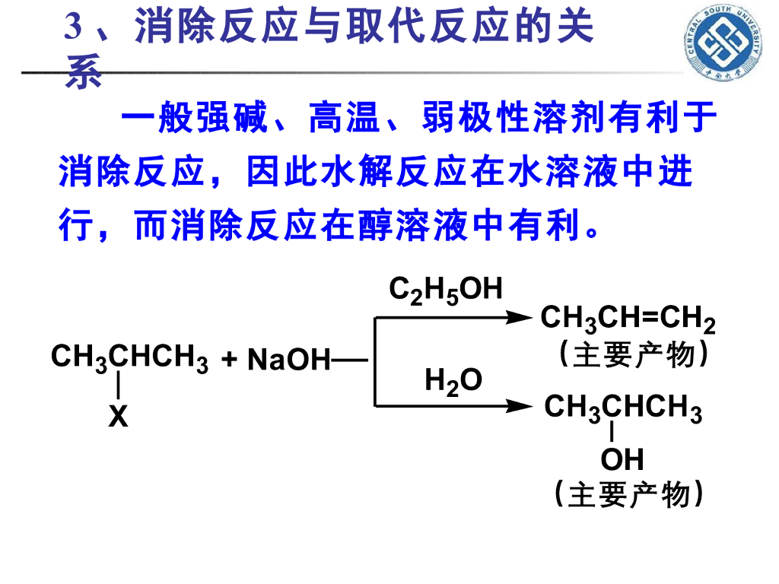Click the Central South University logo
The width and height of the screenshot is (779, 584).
pyautogui.click(x=723, y=43)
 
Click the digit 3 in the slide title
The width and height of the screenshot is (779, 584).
pyautogui.click(x=72, y=27)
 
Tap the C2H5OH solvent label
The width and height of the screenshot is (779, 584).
pyautogui.click(x=445, y=290)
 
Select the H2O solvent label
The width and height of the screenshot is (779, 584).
pyautogui.click(x=453, y=382)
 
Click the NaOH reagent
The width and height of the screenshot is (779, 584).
pyautogui.click(x=288, y=359)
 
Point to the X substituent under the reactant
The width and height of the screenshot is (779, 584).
pyautogui.click(x=118, y=416)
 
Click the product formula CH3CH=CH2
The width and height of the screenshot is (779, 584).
pyautogui.click(x=628, y=319)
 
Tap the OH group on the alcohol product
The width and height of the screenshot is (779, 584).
pyautogui.click(x=622, y=459)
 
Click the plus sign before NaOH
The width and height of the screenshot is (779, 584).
pyautogui.click(x=230, y=359)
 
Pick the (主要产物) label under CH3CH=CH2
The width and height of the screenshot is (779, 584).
pyautogui.click(x=634, y=354)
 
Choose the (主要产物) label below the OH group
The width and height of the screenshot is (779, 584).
pyautogui.click(x=628, y=494)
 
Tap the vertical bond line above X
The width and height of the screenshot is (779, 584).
pyautogui.click(x=118, y=386)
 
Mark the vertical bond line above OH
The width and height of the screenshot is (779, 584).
pyautogui.click(x=612, y=431)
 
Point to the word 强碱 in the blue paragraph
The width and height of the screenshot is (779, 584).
pyautogui.click(x=232, y=118)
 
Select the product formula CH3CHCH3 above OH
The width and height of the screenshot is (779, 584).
pyautogui.click(x=623, y=408)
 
